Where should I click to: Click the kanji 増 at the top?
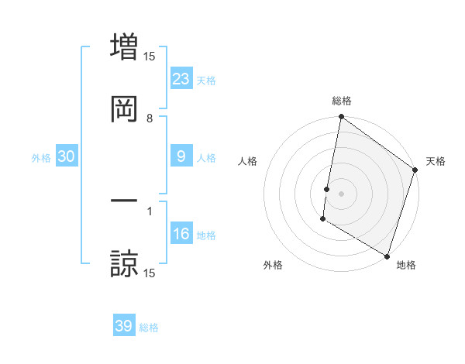[x=124, y=45]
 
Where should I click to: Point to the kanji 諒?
[x=124, y=263]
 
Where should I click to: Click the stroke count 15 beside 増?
[x=150, y=56]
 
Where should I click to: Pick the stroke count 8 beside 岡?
[x=150, y=118]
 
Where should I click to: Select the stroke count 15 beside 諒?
[x=150, y=273]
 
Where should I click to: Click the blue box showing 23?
[x=181, y=79]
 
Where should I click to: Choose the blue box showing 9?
[x=181, y=156]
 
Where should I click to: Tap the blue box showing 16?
[x=181, y=234]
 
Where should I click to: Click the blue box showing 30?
[x=67, y=156]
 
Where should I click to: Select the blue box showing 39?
[x=124, y=326]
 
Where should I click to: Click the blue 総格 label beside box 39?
[x=149, y=328]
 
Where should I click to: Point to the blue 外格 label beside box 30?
[x=41, y=158]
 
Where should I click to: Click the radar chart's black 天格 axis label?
[x=436, y=161]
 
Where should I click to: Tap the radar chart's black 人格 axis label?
[x=248, y=161]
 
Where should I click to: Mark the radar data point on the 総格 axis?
[x=341, y=118]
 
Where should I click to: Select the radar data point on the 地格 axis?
[x=386, y=256]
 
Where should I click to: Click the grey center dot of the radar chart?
[x=341, y=193]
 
